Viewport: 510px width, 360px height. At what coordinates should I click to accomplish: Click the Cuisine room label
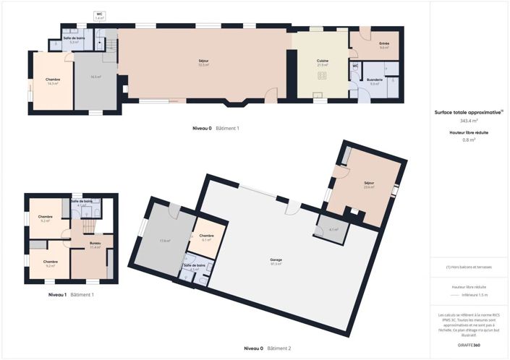(x=323, y=62)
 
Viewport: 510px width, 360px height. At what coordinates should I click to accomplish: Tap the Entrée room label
(x=384, y=46)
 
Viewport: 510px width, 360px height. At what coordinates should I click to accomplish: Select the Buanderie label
(x=375, y=82)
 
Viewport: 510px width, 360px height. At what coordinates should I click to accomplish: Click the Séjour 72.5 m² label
(x=204, y=62)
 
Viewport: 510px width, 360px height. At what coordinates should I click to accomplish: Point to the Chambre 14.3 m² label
(x=52, y=81)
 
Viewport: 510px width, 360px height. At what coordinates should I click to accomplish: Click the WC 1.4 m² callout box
(x=99, y=15)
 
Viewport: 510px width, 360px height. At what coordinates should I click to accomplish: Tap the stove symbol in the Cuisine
(x=323, y=75)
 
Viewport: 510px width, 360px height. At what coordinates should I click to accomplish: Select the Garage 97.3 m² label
(x=276, y=261)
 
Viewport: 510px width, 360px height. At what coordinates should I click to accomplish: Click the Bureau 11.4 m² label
(x=95, y=245)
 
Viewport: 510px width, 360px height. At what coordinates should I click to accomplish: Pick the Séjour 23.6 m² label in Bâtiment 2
(x=369, y=184)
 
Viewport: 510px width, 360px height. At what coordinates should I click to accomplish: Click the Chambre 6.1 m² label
(x=206, y=238)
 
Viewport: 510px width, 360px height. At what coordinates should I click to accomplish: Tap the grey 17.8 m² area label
(x=164, y=241)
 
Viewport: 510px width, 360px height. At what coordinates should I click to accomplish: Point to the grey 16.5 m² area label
(x=95, y=77)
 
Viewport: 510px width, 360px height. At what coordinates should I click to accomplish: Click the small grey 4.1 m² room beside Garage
(x=333, y=230)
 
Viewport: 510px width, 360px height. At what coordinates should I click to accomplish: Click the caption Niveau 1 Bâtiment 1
(x=70, y=294)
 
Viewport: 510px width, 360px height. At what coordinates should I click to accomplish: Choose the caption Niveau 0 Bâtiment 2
(x=267, y=348)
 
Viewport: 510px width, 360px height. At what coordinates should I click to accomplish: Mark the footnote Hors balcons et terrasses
(x=468, y=267)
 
